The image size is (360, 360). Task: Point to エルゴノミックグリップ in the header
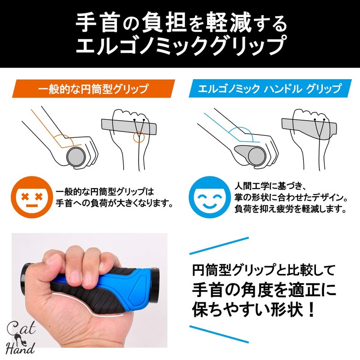(x=180, y=47)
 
